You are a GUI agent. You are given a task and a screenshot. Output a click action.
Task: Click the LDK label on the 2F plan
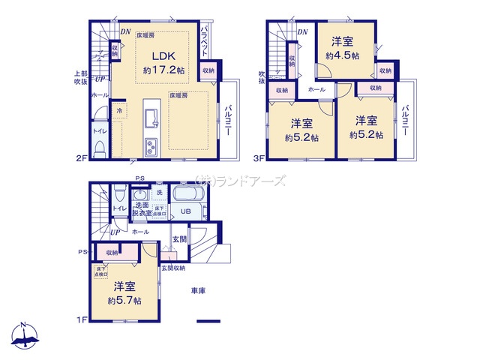164,56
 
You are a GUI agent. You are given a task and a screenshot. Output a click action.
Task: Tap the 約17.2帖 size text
164,70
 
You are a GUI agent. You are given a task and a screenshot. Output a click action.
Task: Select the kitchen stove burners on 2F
151,146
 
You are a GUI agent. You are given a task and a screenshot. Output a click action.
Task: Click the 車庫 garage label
198,289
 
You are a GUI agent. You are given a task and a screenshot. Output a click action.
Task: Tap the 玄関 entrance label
181,239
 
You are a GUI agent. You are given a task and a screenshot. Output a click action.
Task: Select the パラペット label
205,42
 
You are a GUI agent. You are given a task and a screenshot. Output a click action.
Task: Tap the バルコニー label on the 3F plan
404,120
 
